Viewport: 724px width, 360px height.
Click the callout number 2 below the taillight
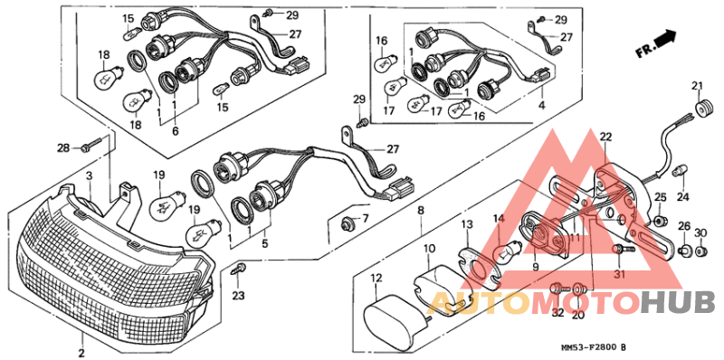coord(81,352)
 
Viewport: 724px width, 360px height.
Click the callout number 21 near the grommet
coord(698,87)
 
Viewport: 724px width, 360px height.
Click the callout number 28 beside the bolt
coord(62,147)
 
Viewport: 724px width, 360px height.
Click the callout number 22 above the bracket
coord(605,136)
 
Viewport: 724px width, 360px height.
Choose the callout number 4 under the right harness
coord(541,106)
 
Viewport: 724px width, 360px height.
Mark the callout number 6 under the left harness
coord(175,131)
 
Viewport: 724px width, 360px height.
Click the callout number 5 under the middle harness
coord(263,243)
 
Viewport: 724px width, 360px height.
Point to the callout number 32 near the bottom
coord(557,313)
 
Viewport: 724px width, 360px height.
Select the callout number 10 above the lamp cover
coord(428,248)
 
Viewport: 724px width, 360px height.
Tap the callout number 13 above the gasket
coord(465,223)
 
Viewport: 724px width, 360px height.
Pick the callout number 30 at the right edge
coord(700,232)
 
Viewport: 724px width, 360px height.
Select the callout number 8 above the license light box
coord(421,210)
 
